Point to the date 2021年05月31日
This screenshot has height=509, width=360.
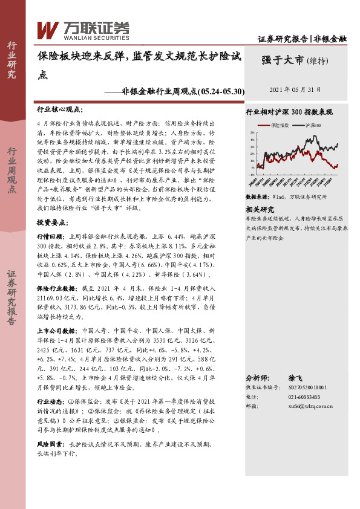[299, 89]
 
